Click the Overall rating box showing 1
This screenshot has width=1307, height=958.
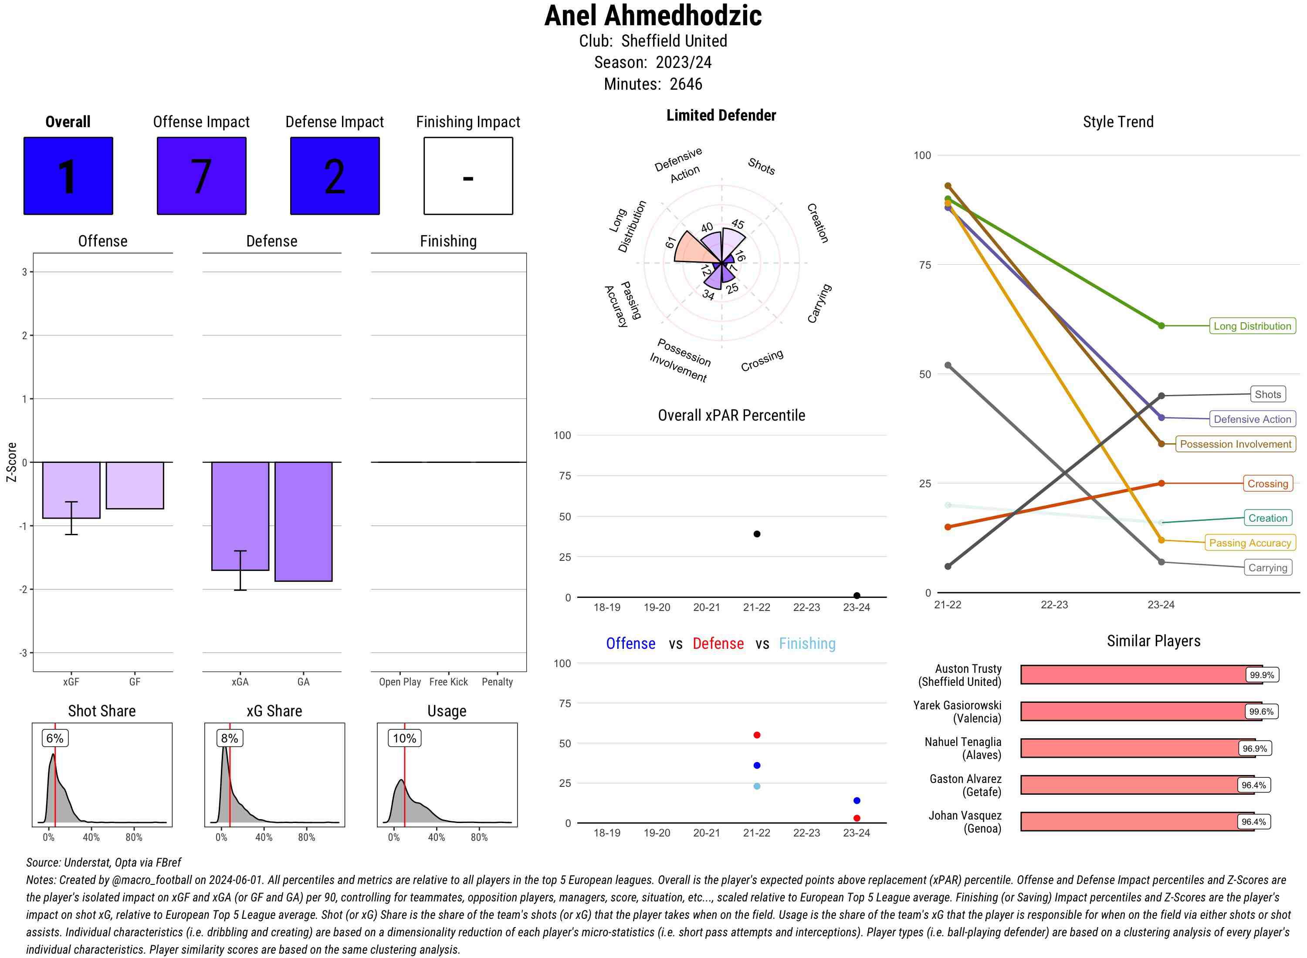68,176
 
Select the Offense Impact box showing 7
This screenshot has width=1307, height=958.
201,176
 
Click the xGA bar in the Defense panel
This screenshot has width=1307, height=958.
240,516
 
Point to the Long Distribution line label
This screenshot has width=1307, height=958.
1252,326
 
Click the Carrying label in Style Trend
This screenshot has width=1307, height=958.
1267,568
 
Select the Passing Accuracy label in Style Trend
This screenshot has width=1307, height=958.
1249,543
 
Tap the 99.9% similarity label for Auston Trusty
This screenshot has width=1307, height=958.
1261,675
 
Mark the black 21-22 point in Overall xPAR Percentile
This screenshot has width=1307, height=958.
756,533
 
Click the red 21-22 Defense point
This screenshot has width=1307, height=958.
756,735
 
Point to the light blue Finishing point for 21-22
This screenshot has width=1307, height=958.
756,786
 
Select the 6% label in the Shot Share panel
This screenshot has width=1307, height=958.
54,738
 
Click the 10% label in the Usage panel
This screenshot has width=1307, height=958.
404,738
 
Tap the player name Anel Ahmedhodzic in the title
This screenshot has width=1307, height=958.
653,16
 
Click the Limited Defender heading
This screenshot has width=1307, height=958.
721,115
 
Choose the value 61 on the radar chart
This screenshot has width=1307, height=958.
670,243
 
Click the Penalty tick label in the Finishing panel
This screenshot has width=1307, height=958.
497,682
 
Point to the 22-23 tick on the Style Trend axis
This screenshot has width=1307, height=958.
1054,605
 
